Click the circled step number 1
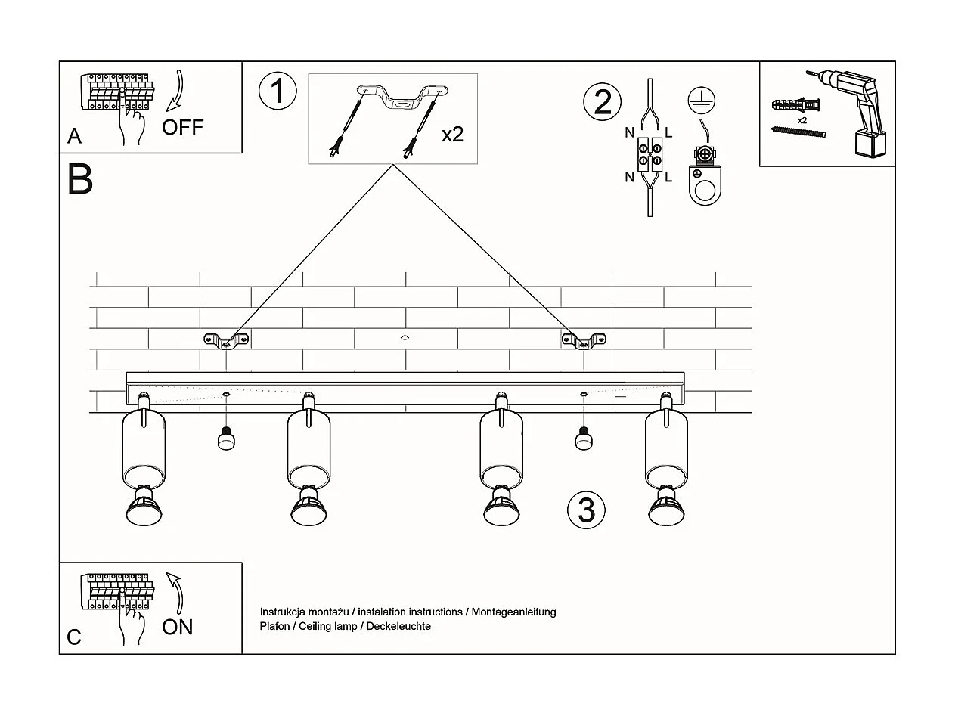[x=278, y=91]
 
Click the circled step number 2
[x=602, y=102]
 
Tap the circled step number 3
[x=586, y=510]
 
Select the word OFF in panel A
[x=183, y=127]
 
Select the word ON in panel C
[x=178, y=627]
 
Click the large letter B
[x=79, y=180]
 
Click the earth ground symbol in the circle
[x=701, y=101]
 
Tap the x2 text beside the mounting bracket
[x=452, y=135]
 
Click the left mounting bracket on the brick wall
[x=226, y=341]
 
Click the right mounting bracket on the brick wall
[x=584, y=341]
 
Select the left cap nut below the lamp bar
[x=225, y=439]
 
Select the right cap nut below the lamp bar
[x=582, y=439]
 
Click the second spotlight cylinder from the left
[x=309, y=449]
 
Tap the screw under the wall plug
[x=798, y=132]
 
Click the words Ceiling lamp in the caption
[x=328, y=626]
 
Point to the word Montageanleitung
[x=513, y=612]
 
